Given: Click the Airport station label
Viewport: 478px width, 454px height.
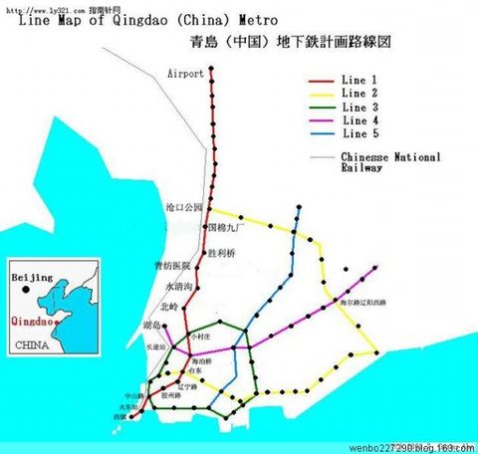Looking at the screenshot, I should tap(186, 74).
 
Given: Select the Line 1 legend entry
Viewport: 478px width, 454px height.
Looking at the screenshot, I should tap(359, 81).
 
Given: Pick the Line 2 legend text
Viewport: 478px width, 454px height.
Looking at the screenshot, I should tap(359, 94).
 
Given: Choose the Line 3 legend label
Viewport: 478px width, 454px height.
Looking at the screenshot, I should tap(359, 107).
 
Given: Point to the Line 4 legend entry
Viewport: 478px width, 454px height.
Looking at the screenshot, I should tap(359, 120).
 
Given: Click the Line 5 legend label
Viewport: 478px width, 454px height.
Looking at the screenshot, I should tap(359, 133).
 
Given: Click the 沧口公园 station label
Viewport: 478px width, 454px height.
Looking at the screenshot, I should tap(183, 208).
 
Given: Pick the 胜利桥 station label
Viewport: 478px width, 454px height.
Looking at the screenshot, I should tap(221, 254).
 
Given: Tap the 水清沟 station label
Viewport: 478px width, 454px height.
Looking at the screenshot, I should tap(175, 287).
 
